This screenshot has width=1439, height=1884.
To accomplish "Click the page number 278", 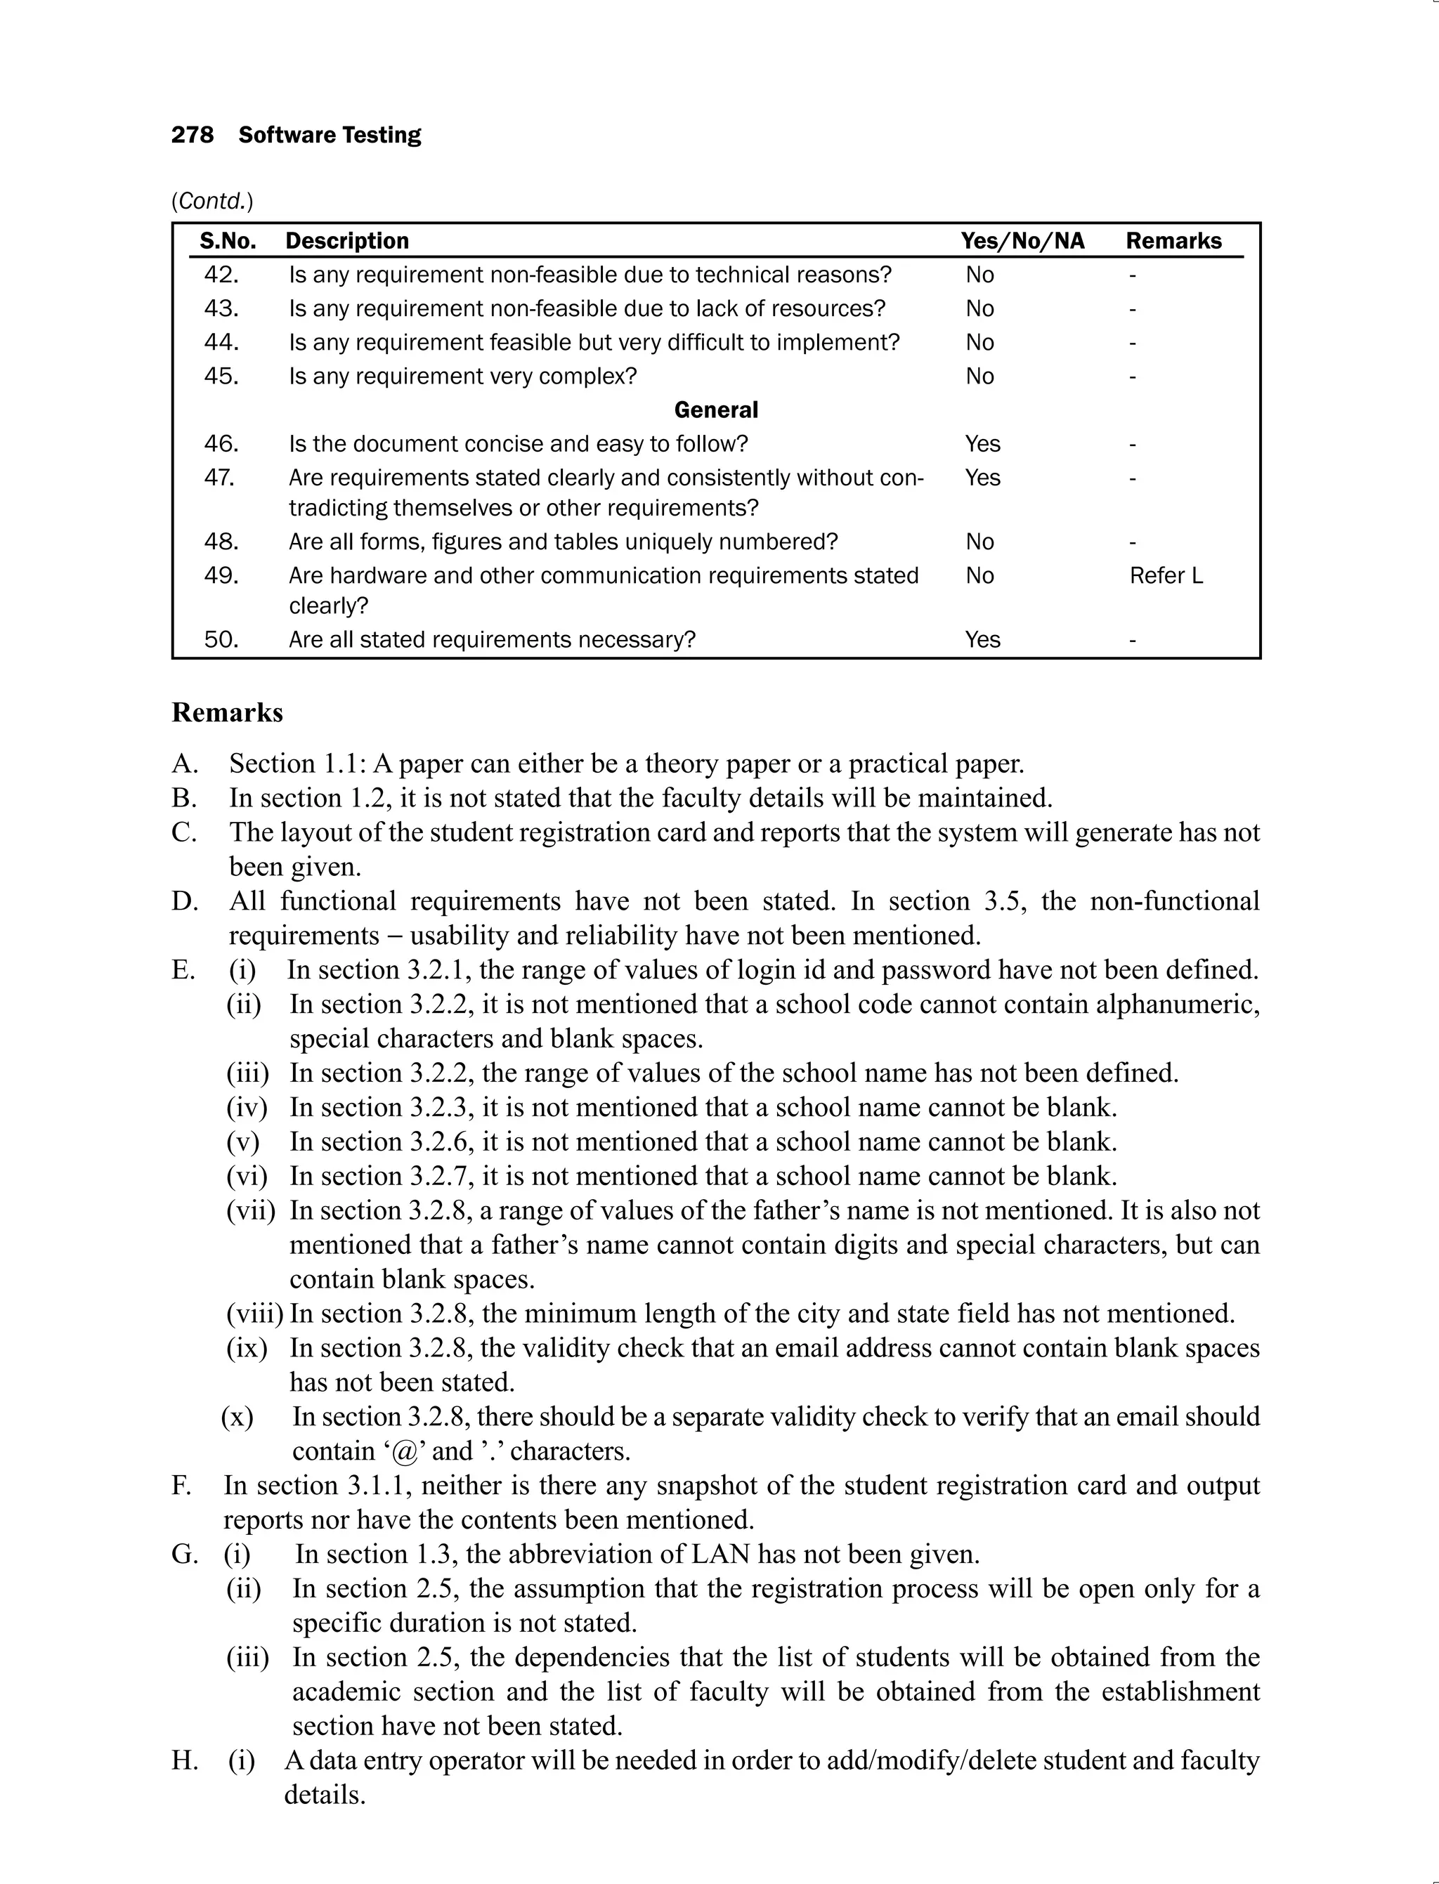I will click(192, 136).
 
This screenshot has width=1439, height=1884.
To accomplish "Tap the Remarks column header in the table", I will click(1173, 241).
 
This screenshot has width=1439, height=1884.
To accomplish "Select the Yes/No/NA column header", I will click(1022, 241).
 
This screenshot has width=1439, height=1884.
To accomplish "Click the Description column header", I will click(347, 241).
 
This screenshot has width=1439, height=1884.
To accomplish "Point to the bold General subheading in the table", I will click(716, 410).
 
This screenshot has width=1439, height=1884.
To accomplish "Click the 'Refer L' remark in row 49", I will click(1166, 575).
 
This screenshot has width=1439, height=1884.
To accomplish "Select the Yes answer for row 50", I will click(982, 640).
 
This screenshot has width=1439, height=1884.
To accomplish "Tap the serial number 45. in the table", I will click(221, 376).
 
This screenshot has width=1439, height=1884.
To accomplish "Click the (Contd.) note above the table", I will click(212, 201).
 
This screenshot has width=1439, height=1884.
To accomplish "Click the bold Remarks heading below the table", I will click(227, 712).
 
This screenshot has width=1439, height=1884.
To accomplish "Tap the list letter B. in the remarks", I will click(184, 798).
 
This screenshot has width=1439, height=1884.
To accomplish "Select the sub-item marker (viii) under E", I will click(254, 1314).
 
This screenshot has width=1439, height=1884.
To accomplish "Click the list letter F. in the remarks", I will click(181, 1486).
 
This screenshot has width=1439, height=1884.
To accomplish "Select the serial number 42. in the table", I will click(221, 275).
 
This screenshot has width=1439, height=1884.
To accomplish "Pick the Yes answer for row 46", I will click(982, 443).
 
